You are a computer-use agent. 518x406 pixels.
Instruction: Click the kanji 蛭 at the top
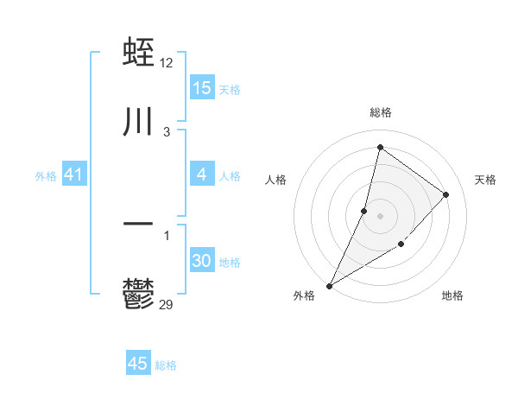[139, 54]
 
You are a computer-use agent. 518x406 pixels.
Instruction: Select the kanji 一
[139, 224]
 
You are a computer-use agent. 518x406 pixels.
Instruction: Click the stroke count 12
[167, 63]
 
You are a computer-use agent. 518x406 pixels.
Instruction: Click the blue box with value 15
[202, 88]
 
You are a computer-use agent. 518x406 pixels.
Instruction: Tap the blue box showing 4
[202, 174]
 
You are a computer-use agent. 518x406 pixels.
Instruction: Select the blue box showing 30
[202, 261]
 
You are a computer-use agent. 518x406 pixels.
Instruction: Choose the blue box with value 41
[74, 174]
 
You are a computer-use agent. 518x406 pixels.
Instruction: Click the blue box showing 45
[138, 364]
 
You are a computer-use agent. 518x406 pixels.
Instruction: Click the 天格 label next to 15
[230, 89]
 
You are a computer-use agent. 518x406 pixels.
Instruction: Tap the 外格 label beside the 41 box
[46, 175]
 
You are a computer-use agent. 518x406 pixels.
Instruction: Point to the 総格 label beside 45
[166, 365]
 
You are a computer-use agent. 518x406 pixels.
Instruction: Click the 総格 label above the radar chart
[380, 112]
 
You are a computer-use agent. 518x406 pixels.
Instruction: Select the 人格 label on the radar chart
[276, 180]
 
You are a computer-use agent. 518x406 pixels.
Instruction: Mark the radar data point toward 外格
[329, 285]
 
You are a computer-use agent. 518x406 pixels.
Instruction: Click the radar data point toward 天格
[446, 194]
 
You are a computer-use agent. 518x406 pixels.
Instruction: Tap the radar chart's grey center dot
[380, 215]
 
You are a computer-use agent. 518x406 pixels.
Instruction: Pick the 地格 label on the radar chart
[452, 295]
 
